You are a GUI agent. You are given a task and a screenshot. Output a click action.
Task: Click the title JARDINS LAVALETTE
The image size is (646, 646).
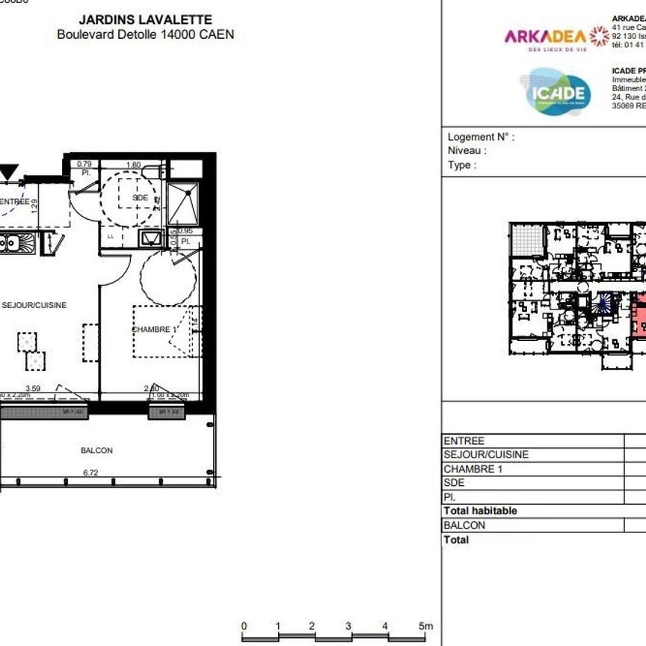pyautogui.click(x=145, y=20)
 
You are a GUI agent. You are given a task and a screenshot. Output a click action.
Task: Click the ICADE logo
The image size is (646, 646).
pyautogui.click(x=555, y=92)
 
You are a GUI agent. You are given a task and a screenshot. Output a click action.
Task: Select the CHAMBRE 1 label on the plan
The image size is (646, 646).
pyautogui.click(x=154, y=330)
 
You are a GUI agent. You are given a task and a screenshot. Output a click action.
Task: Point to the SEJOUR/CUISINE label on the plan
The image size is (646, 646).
pyautogui.click(x=34, y=305)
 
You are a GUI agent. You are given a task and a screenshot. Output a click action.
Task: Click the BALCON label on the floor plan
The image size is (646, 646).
pyautogui.click(x=96, y=450)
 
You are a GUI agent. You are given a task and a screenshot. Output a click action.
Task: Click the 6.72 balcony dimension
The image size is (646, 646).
pyautogui.click(x=90, y=472)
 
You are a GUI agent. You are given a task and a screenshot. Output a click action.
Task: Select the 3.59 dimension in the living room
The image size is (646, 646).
pyautogui.click(x=33, y=388)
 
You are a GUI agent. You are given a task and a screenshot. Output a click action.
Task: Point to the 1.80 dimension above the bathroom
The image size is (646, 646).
pyautogui.click(x=133, y=164)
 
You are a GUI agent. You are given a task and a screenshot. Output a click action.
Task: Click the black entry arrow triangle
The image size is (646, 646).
pyautogui.click(x=7, y=173)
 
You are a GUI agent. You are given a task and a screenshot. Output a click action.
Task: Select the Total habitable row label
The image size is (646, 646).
pyautogui.click(x=480, y=511)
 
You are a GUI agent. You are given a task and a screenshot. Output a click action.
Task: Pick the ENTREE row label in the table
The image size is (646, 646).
pyautogui.click(x=464, y=441)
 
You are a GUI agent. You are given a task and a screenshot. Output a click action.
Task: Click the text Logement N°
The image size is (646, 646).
pyautogui.click(x=481, y=137)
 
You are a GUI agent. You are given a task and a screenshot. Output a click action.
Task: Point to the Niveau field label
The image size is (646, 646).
pyautogui.click(x=467, y=150)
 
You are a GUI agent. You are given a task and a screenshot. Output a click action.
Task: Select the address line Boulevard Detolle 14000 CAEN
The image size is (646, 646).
pyautogui.click(x=145, y=34)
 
